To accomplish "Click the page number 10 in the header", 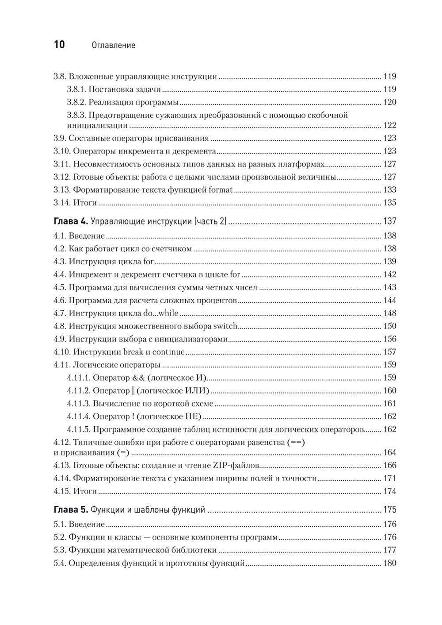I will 59,45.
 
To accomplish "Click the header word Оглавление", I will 113,45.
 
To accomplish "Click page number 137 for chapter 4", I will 389,221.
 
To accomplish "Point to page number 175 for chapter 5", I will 389,510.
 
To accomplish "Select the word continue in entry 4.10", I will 168,352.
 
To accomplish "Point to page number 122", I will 389,125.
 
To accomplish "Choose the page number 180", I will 389,563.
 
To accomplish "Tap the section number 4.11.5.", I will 79,429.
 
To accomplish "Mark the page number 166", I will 389,465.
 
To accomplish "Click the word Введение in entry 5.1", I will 87,525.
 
